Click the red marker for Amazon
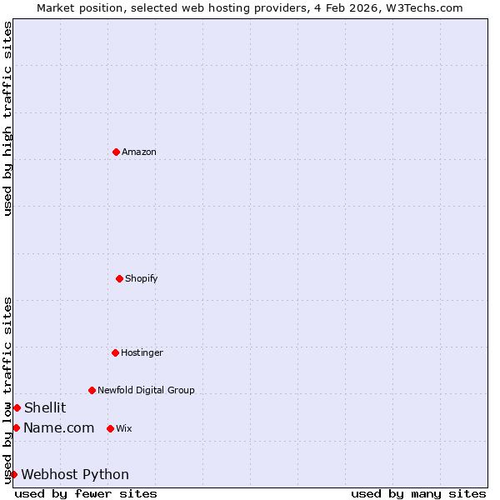[116, 152]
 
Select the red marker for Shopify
[119, 278]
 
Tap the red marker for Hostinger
[115, 352]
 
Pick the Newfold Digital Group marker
[92, 390]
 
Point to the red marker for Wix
[110, 428]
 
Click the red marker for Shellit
[17, 407]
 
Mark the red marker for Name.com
[16, 427]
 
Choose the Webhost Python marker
[13, 474]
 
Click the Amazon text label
[139, 152]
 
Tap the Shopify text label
[142, 278]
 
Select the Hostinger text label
[142, 352]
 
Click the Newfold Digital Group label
[146, 390]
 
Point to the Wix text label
[123, 428]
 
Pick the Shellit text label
[45, 407]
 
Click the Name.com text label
[58, 427]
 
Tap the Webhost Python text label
[75, 474]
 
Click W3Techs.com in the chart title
[427, 7]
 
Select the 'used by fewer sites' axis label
[86, 493]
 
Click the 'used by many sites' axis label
[418, 493]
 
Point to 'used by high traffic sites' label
[7, 119]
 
